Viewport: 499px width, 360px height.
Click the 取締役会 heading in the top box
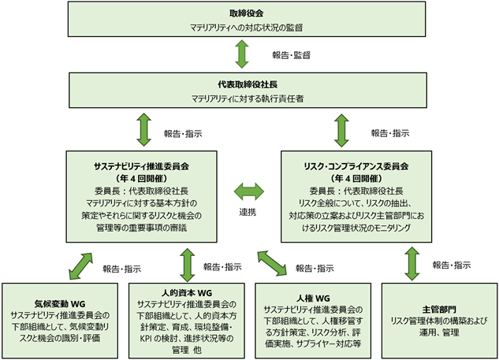(246, 13)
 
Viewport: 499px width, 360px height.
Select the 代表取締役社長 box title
(248, 84)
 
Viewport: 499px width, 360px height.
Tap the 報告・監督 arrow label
(291, 55)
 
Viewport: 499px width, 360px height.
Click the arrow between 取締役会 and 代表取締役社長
(242, 54)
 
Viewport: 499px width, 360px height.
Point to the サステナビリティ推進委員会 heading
(141, 166)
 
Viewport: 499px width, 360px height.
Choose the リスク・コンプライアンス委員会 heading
(356, 166)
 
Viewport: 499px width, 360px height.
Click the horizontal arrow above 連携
(249, 191)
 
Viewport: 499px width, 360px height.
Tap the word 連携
(248, 212)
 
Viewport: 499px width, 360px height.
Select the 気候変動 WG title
(60, 304)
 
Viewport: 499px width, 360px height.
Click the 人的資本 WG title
(187, 292)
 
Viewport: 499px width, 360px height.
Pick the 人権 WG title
(313, 299)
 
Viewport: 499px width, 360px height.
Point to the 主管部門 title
(439, 310)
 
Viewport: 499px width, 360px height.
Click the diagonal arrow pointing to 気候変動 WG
(81, 266)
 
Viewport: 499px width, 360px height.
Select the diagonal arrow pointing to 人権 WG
(272, 262)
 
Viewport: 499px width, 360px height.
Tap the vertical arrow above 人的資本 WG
(187, 265)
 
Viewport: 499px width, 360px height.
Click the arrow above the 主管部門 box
(412, 264)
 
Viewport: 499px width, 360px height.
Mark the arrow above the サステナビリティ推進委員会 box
(143, 130)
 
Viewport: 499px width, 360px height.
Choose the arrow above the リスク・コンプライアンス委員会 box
(342, 131)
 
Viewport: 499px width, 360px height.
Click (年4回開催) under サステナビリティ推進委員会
(141, 178)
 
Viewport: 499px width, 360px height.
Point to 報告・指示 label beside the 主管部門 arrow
(452, 265)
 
